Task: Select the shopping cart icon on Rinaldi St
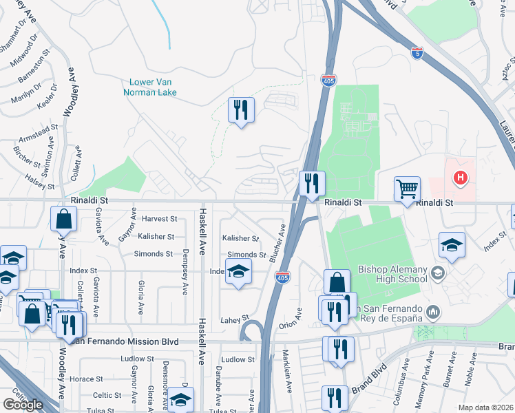407,188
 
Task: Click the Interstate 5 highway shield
417,52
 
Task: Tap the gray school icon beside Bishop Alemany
437,274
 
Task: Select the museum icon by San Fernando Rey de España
433,313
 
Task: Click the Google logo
23,405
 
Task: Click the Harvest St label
159,219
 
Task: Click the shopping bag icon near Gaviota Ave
63,219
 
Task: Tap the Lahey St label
234,319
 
